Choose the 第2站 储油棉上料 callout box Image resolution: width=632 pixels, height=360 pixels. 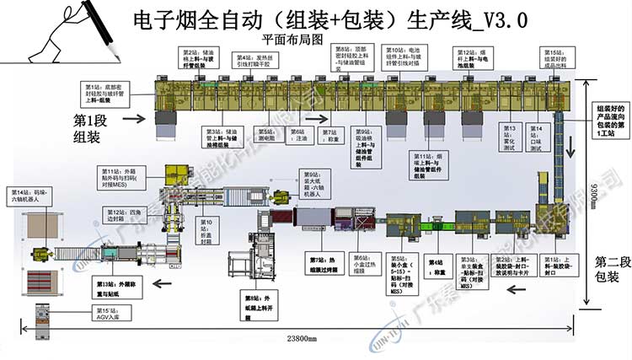205,60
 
